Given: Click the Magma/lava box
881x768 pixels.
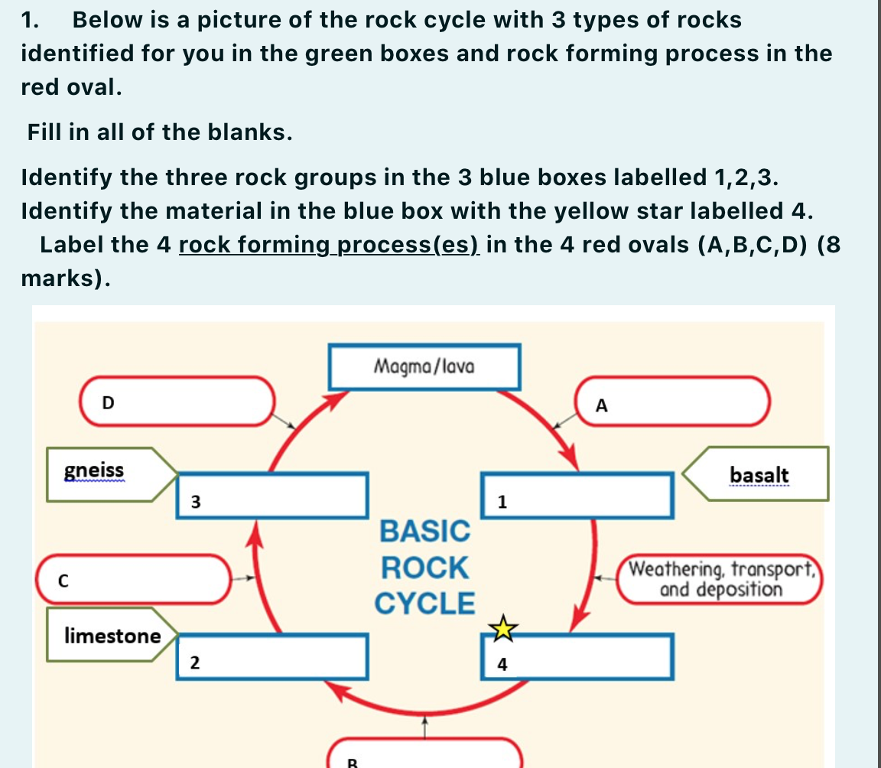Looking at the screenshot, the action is pyautogui.click(x=424, y=367).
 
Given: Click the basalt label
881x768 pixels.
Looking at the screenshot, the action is pyautogui.click(x=759, y=474).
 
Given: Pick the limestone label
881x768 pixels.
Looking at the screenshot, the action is pyautogui.click(x=112, y=635).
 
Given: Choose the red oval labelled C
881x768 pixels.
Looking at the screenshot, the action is pyautogui.click(x=133, y=580).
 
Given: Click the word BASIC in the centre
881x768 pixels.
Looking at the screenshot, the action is pyautogui.click(x=424, y=530).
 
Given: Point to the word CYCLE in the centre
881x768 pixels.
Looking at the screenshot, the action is pyautogui.click(x=424, y=604).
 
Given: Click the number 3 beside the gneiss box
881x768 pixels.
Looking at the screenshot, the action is pyautogui.click(x=195, y=502).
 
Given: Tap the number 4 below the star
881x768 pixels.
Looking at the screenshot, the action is pyautogui.click(x=502, y=665).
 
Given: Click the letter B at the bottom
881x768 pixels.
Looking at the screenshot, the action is pyautogui.click(x=353, y=762).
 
